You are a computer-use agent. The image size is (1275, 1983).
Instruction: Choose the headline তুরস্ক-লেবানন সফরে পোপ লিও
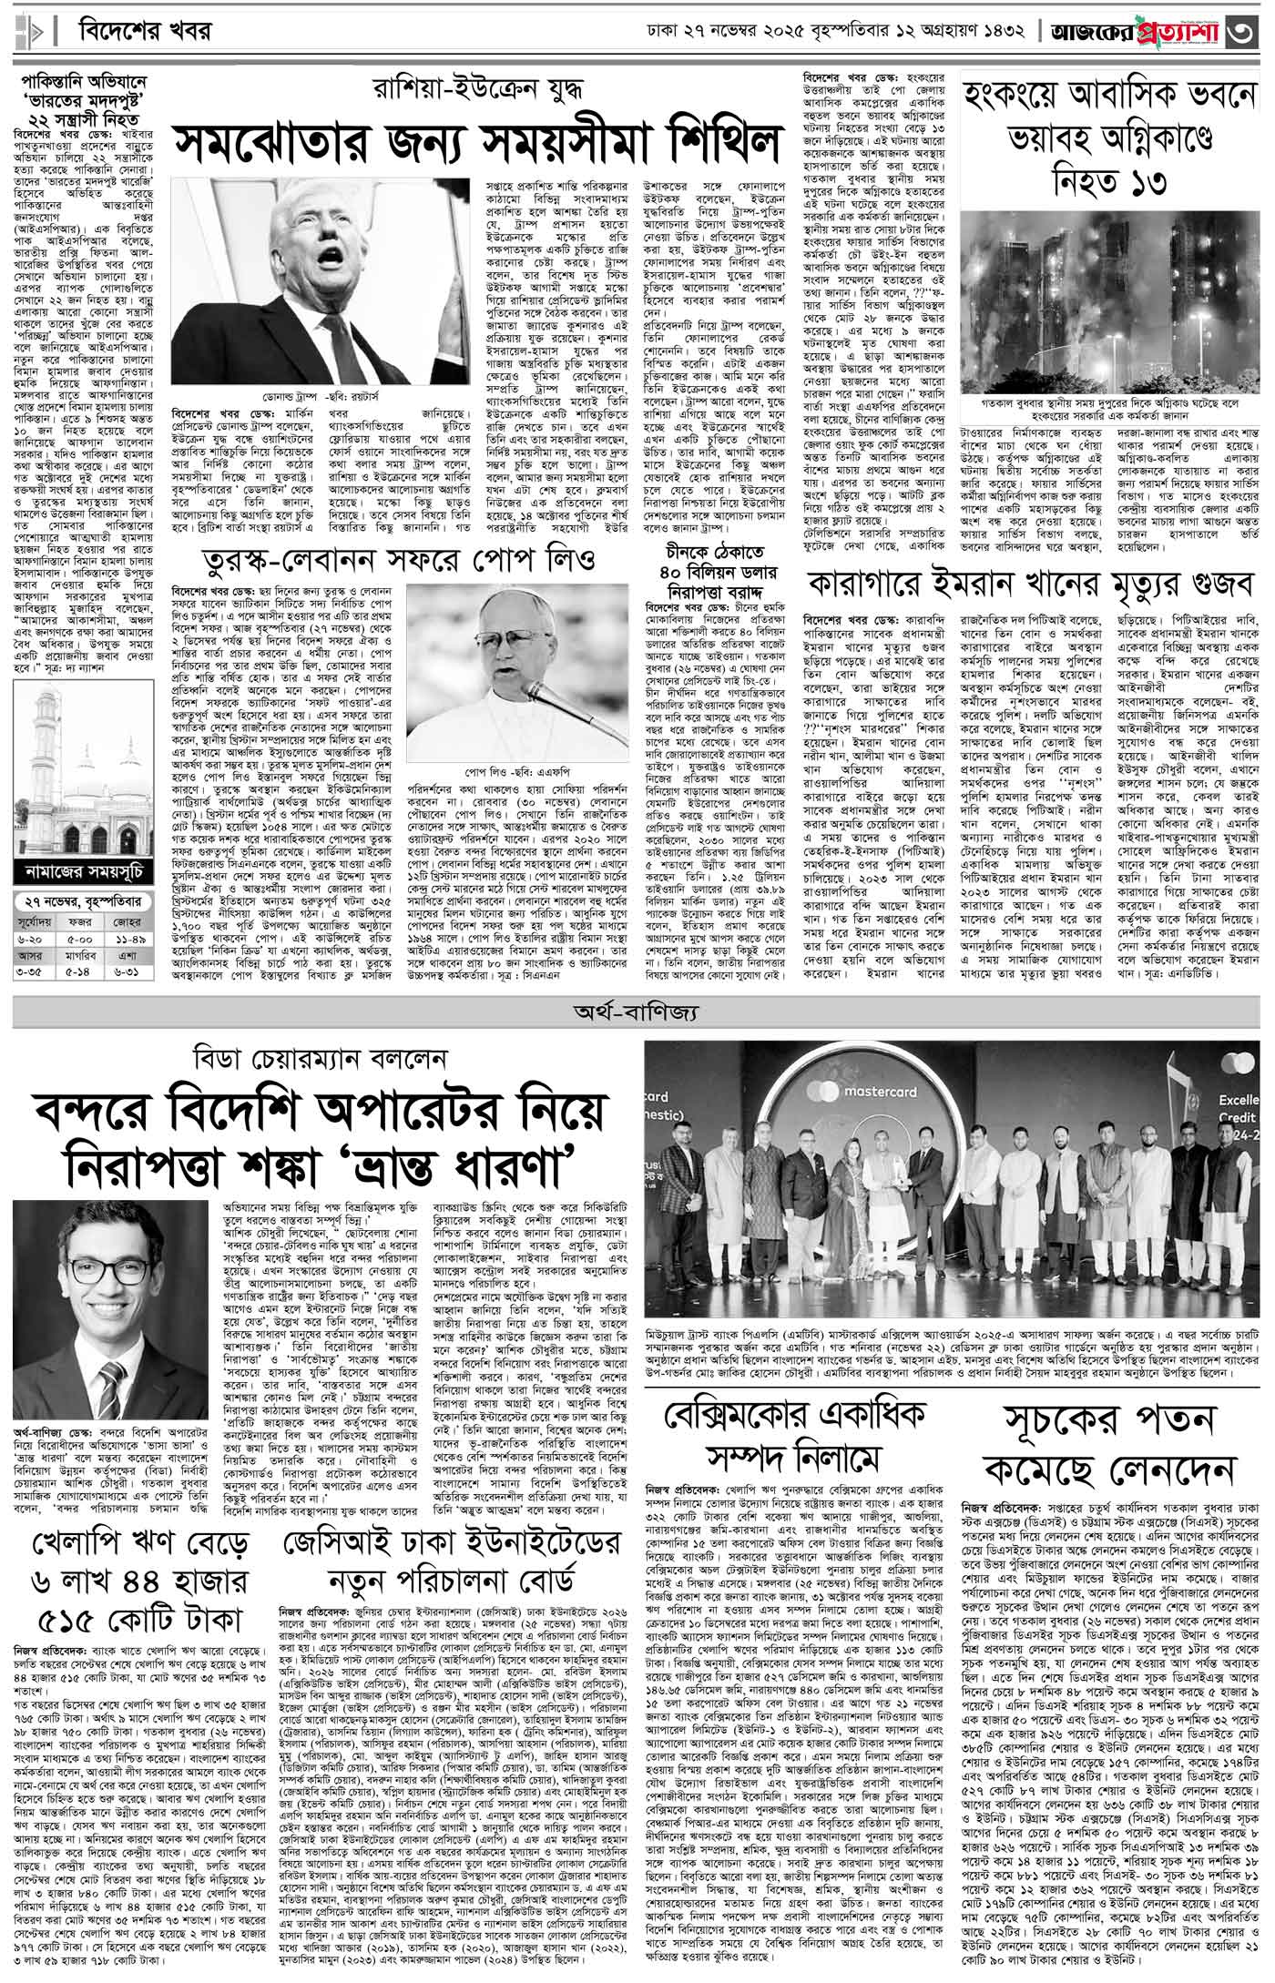click(x=392, y=558)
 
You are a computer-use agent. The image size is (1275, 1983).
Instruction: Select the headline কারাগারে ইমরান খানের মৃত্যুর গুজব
click(x=1029, y=585)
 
